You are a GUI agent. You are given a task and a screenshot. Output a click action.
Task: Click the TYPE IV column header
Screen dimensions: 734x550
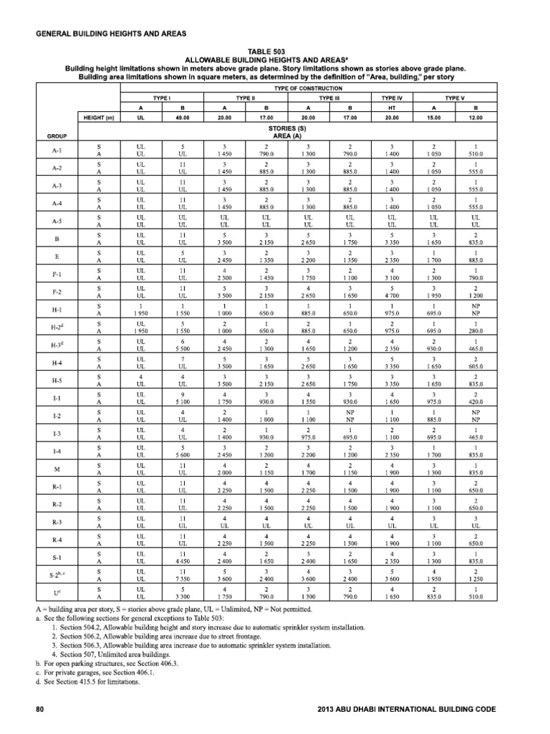[x=391, y=95]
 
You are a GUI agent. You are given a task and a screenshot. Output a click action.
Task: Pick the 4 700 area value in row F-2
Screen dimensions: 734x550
[x=391, y=295]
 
